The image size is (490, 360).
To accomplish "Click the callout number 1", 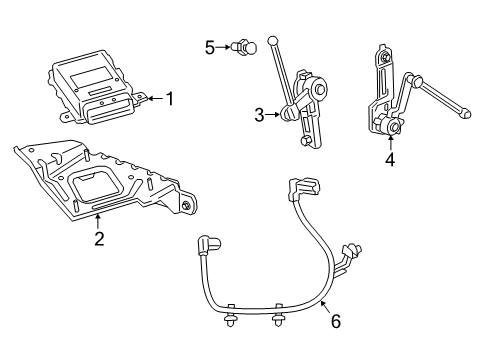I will pos(170,98).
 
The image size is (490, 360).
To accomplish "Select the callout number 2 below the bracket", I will pos(99,237).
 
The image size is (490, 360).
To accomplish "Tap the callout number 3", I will pos(258,115).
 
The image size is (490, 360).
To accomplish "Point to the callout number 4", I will pos(390,159).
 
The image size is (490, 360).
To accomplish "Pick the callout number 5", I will pos(210,46).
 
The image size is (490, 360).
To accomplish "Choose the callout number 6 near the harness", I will pos(335,322).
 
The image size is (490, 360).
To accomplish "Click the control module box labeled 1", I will pos(95,87).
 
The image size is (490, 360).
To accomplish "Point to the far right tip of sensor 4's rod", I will pos(466,115).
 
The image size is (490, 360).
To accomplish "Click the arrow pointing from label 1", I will pos(153,98).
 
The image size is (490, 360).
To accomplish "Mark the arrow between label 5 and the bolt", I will pos(222,46).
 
